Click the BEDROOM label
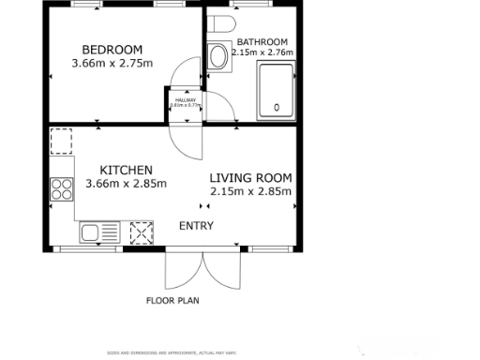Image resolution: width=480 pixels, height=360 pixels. pyautogui.click(x=112, y=50)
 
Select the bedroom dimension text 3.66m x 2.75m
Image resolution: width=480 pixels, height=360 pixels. pyautogui.click(x=112, y=64)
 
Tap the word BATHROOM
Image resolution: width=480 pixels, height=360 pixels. pyautogui.click(x=262, y=42)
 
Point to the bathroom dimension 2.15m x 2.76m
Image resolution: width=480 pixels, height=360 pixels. pyautogui.click(x=262, y=52)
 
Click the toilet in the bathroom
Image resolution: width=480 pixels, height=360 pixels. pyautogui.click(x=220, y=22)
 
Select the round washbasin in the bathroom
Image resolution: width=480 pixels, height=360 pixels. pyautogui.click(x=219, y=56)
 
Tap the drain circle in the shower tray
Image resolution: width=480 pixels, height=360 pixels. pyautogui.click(x=276, y=108)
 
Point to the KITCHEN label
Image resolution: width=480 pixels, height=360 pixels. pyautogui.click(x=126, y=170)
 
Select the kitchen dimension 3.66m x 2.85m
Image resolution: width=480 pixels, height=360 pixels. pyautogui.click(x=126, y=184)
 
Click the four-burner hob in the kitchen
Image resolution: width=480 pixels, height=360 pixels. pyautogui.click(x=64, y=190)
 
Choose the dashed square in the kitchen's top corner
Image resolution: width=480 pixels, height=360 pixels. pyautogui.click(x=63, y=142)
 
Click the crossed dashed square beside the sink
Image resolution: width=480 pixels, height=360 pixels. pyautogui.click(x=141, y=232)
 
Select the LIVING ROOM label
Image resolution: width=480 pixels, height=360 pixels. pyautogui.click(x=250, y=177)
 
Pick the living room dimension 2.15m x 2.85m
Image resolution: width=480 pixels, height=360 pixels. pyautogui.click(x=251, y=191)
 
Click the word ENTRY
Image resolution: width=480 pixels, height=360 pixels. pyautogui.click(x=196, y=226)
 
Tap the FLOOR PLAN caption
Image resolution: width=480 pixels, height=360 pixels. pyautogui.click(x=172, y=301)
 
